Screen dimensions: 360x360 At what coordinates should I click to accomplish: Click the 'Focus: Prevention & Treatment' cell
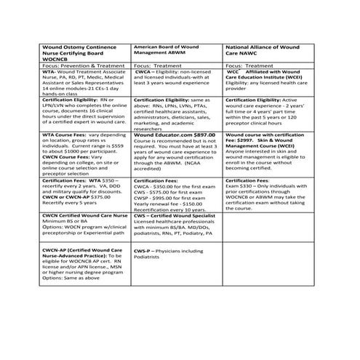pos(64,65)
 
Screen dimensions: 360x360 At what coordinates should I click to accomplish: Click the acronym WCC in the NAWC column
pos(233,72)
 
